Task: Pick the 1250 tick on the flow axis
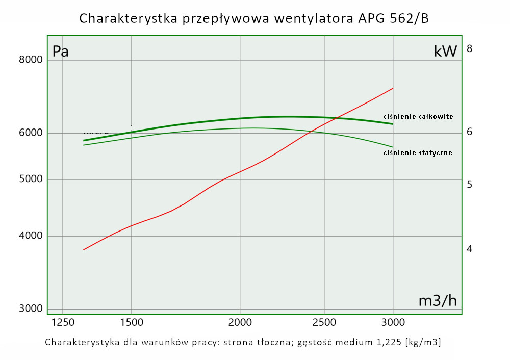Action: [x=62, y=322]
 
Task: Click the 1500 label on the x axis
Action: [x=132, y=322]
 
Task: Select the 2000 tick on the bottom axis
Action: [x=240, y=322]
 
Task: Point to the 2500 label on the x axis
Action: [x=324, y=322]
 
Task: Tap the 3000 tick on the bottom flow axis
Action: [x=393, y=322]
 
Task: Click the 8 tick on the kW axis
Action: [x=470, y=49]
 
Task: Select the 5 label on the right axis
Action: [x=470, y=184]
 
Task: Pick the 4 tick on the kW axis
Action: [x=470, y=249]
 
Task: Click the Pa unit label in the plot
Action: [x=61, y=52]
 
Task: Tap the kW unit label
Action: [x=445, y=52]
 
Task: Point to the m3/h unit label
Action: [x=438, y=301]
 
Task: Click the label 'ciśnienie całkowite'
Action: [x=418, y=116]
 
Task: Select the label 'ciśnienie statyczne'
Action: [x=418, y=152]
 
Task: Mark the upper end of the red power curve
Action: [x=393, y=88]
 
